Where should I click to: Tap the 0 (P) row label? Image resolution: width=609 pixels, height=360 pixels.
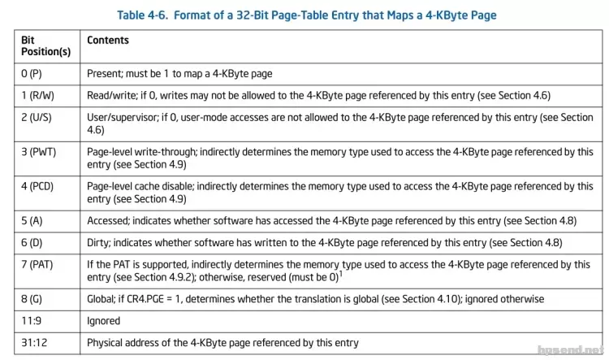pyautogui.click(x=34, y=74)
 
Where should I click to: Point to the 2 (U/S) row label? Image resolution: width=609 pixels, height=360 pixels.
pyautogui.click(x=40, y=117)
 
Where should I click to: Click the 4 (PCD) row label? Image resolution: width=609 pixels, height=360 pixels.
pyautogui.click(x=41, y=186)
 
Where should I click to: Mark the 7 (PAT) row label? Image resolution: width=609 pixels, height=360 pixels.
pyautogui.click(x=41, y=264)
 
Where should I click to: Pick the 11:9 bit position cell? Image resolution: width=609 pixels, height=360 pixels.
pyautogui.click(x=32, y=320)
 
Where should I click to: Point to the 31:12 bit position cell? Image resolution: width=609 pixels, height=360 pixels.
pyautogui.click(x=35, y=342)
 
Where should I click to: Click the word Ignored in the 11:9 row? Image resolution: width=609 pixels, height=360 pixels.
pyautogui.click(x=103, y=320)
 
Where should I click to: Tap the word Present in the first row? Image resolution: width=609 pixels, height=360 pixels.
pyautogui.click(x=105, y=74)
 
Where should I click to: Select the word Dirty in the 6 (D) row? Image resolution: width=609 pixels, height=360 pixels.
pyautogui.click(x=99, y=243)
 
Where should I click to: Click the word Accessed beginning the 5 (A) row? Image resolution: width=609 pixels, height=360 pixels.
pyautogui.click(x=110, y=221)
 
